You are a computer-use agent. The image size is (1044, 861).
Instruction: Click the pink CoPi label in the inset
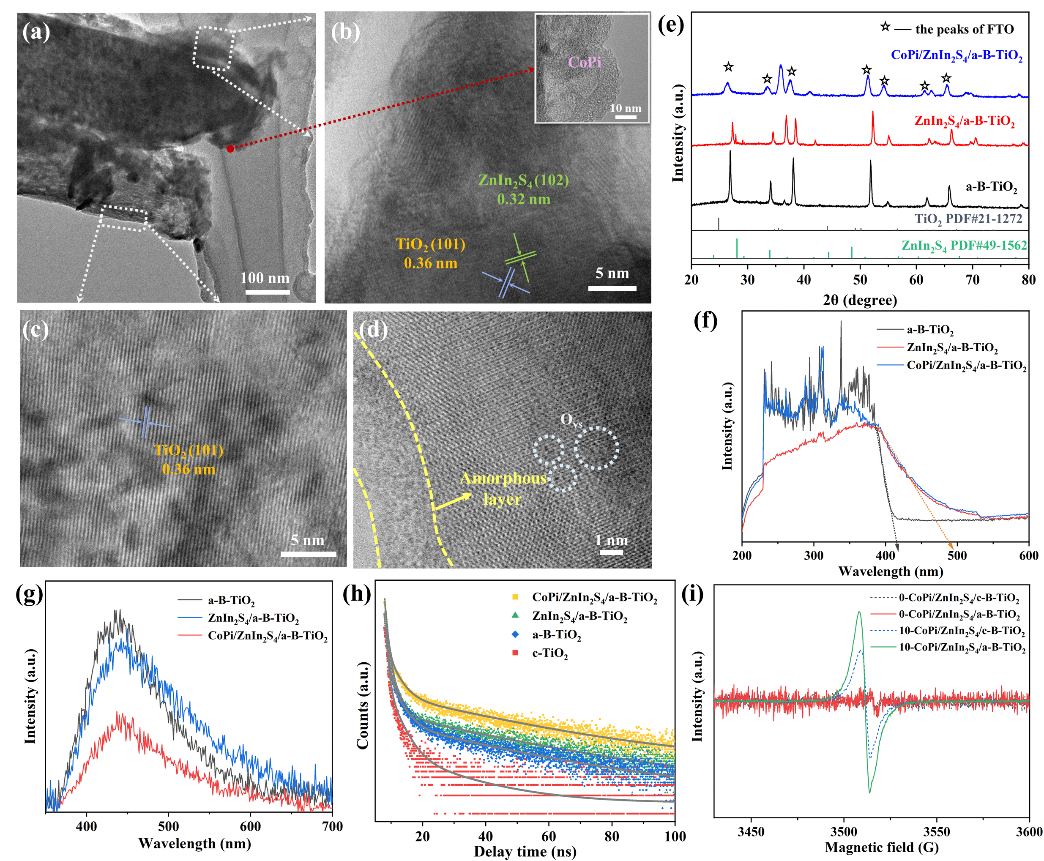584,63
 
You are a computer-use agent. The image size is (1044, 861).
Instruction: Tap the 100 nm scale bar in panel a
267,292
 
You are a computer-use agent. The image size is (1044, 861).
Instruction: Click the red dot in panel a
230,148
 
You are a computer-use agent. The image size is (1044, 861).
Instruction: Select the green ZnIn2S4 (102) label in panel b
523,180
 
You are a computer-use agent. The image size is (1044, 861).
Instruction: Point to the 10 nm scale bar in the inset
626,117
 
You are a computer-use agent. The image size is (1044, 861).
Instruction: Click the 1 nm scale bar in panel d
612,552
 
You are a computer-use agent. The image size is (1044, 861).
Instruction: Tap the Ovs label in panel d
571,420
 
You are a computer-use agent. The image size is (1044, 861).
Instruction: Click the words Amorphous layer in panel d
503,489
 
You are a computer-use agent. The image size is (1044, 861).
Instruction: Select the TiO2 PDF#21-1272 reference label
968,219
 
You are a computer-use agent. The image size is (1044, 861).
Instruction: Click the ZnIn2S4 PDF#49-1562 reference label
964,246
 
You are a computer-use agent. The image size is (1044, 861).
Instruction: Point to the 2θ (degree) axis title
860,300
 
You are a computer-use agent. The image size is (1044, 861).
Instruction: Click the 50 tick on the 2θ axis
860,280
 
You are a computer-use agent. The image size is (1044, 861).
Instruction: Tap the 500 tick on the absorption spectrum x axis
957,555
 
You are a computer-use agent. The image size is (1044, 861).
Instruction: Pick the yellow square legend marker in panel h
515,597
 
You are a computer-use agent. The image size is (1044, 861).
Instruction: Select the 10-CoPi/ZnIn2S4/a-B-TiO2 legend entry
962,647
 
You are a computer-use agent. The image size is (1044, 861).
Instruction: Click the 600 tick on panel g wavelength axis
251,826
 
